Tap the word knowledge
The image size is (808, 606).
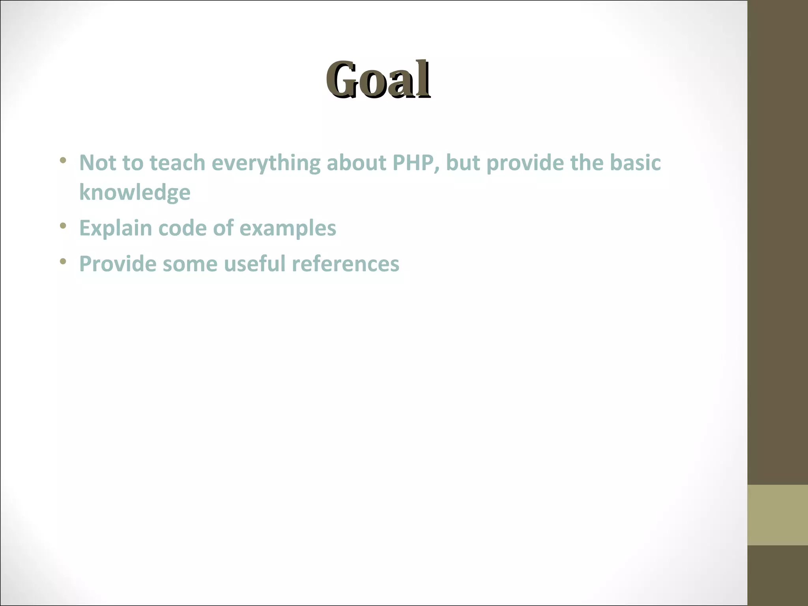tap(135, 193)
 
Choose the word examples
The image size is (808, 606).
tap(288, 228)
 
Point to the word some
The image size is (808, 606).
tap(190, 264)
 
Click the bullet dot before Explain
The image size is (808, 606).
tap(63, 226)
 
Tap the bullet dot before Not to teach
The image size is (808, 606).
tap(63, 161)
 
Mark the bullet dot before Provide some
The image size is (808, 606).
tap(63, 262)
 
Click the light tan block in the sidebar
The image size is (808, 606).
tap(777, 515)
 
